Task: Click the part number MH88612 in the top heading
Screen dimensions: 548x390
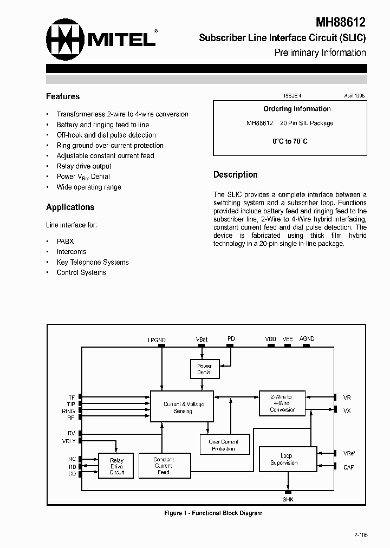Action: [341, 22]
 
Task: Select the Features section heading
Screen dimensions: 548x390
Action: [63, 96]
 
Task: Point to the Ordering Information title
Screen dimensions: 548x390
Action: [297, 109]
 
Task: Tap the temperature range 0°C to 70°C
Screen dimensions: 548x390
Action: [290, 141]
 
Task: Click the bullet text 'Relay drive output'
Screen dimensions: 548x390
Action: [84, 166]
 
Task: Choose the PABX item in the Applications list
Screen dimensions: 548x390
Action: [65, 242]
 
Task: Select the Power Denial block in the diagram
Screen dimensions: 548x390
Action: [204, 369]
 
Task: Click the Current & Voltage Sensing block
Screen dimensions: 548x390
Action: [183, 408]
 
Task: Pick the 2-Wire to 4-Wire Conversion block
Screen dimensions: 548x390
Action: [282, 403]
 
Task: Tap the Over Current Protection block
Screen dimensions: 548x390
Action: [223, 445]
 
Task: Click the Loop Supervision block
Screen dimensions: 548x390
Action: [287, 459]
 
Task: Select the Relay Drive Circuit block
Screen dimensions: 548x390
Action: [116, 466]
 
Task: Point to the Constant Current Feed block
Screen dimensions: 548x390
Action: [163, 466]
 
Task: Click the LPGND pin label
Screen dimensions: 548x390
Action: [157, 340]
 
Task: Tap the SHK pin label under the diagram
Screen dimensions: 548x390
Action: [288, 500]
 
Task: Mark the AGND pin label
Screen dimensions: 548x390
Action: [307, 339]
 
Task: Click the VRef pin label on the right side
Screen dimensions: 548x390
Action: [349, 453]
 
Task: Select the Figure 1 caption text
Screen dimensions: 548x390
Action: [213, 513]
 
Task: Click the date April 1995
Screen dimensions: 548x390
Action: [354, 95]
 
